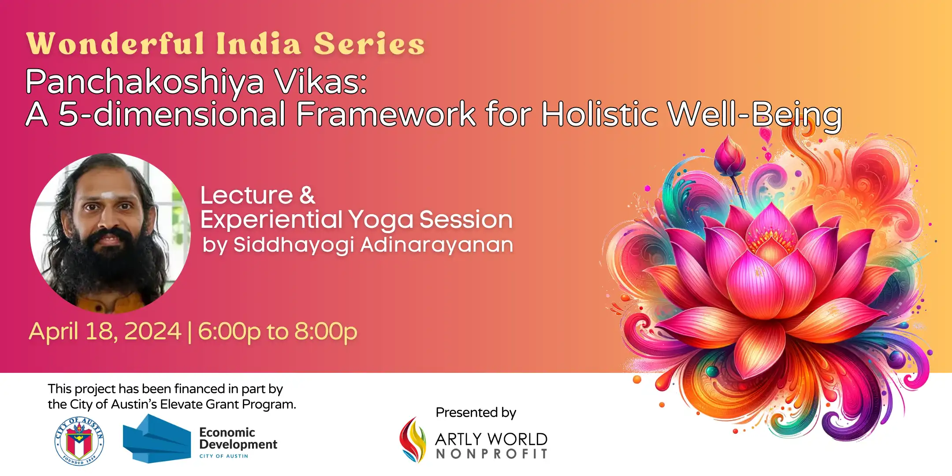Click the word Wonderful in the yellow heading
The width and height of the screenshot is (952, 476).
coord(116,44)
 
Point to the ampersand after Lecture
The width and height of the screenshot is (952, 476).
coord(307,195)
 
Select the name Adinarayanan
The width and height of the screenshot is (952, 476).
coord(437,245)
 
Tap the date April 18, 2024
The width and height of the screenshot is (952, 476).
coord(105,331)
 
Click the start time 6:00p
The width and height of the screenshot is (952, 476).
coord(229,332)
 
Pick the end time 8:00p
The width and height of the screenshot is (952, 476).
coord(326,332)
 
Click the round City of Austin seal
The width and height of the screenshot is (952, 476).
coord(79,441)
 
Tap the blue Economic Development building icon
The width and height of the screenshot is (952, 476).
coord(156,439)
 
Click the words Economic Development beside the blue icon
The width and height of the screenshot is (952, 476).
coord(238,438)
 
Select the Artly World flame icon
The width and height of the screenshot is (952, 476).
coord(413,440)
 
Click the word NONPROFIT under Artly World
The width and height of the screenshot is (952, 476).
coord(491,454)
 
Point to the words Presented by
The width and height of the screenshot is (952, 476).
coord(476,413)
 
